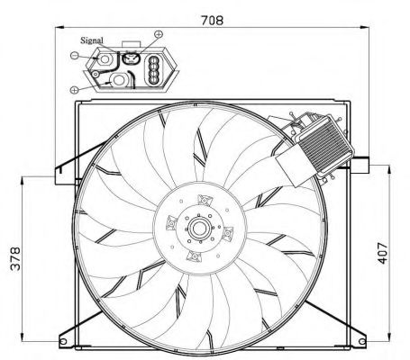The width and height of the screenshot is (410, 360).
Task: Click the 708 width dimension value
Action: click(x=213, y=21)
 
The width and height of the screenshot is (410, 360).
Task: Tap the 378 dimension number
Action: click(x=15, y=258)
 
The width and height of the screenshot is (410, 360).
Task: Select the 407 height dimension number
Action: click(x=383, y=253)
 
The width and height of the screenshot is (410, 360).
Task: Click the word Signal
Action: click(x=92, y=40)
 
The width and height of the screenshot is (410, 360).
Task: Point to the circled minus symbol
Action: click(x=74, y=55)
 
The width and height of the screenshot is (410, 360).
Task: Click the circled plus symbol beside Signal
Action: click(x=159, y=34)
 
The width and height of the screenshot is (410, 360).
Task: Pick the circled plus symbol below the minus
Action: click(x=74, y=89)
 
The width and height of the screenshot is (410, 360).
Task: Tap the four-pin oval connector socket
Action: click(x=152, y=70)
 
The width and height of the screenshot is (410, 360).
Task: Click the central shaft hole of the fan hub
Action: click(x=198, y=229)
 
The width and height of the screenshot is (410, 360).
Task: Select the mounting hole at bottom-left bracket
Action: click(x=63, y=341)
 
